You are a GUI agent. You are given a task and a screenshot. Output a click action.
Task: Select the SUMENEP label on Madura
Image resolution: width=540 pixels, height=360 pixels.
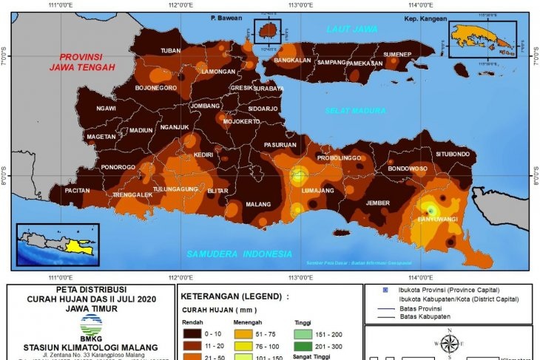click(x=396, y=55)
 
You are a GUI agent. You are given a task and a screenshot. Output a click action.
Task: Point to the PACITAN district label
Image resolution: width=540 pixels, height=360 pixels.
click(x=78, y=190)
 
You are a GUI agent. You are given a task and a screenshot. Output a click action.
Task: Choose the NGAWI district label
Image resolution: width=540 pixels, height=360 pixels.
click(x=107, y=109)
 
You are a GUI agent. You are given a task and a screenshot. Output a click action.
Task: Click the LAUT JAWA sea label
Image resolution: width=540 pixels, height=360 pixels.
click(x=351, y=29)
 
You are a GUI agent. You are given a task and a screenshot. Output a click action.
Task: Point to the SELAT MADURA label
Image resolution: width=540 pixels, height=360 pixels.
click(x=355, y=111)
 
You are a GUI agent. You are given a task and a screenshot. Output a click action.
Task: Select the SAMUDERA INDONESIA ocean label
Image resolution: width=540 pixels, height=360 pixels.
click(x=239, y=254)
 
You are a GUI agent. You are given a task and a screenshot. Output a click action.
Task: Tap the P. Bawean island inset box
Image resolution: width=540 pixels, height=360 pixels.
click(x=269, y=32)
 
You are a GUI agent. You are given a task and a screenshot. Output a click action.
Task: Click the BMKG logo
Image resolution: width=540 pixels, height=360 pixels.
click(x=92, y=325)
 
